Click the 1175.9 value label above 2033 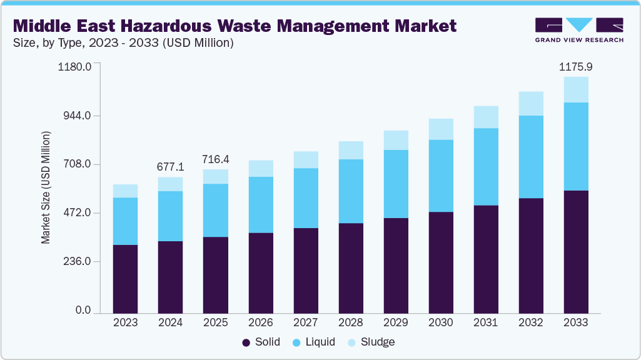[575, 66]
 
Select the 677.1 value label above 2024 [170, 167]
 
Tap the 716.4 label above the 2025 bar [215, 159]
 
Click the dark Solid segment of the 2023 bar [125, 279]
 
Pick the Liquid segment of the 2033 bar [575, 146]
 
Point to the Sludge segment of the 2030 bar [440, 129]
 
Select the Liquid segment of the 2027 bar [305, 198]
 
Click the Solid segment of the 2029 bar [395, 266]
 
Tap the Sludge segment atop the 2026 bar [260, 169]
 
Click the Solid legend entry [261, 342]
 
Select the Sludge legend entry [372, 342]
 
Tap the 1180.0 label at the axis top [75, 66]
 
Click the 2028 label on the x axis [350, 322]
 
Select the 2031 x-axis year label [485, 322]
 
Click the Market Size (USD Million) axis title [46, 187]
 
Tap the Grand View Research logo [578, 30]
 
